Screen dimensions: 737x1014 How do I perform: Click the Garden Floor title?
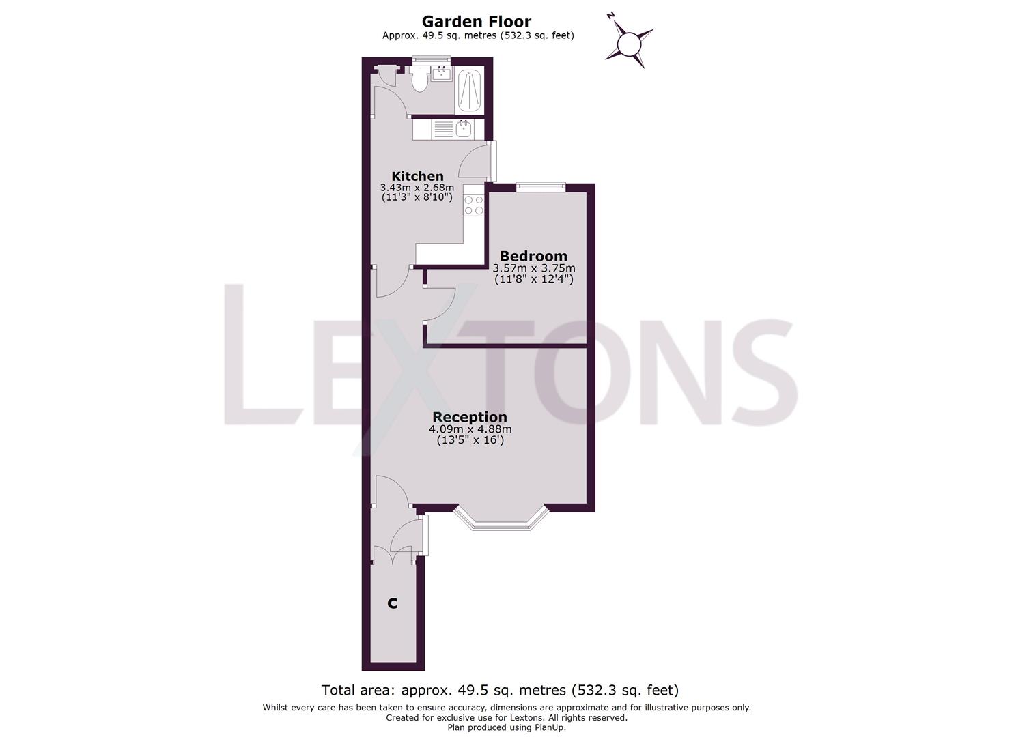click(x=476, y=22)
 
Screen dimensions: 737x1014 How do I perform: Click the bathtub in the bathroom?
click(x=468, y=90)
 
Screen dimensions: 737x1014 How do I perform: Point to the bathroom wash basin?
click(x=441, y=73)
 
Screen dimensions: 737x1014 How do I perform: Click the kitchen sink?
click(x=464, y=129)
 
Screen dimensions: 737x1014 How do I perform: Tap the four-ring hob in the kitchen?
click(x=473, y=205)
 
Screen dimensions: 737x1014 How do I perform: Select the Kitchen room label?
click(x=417, y=176)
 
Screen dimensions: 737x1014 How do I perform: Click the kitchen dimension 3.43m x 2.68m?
click(x=417, y=187)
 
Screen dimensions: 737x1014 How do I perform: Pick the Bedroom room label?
click(x=533, y=257)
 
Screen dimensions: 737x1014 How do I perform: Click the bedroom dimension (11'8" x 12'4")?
click(x=533, y=279)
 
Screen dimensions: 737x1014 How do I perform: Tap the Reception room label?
click(x=470, y=417)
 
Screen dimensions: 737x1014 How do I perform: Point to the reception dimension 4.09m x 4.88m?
click(x=470, y=429)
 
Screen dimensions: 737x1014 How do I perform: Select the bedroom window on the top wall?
click(x=541, y=186)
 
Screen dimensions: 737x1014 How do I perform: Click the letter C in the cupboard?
click(x=393, y=603)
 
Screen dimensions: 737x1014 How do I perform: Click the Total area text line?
click(x=500, y=690)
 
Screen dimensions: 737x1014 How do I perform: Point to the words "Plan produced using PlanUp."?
click(x=507, y=727)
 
